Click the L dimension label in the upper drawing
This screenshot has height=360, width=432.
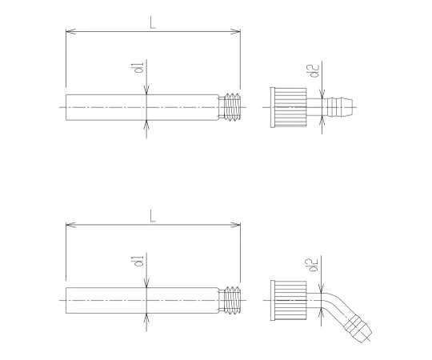pos(152,23)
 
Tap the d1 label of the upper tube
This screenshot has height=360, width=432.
pos(138,70)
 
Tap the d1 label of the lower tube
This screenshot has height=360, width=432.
pos(138,262)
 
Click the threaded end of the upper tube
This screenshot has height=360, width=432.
pos(233,106)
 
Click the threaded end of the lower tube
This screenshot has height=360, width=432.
pos(233,298)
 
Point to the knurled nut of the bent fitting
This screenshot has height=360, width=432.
pos(285,297)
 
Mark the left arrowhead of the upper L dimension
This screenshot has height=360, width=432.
pos(67,32)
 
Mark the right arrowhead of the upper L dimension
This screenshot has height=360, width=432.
pos(238,32)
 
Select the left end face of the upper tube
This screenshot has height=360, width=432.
pos(66,106)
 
